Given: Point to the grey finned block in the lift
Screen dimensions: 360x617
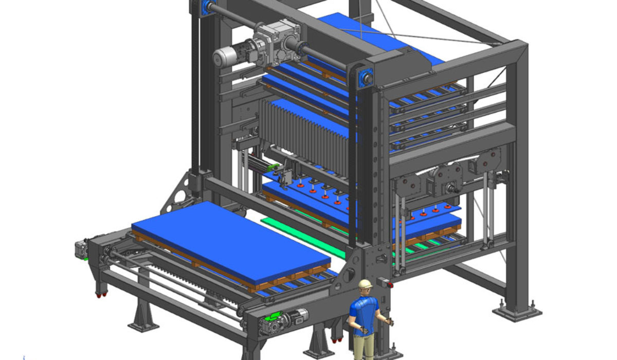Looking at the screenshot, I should [303, 136].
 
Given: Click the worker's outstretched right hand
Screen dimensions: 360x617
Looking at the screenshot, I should [389, 323].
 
